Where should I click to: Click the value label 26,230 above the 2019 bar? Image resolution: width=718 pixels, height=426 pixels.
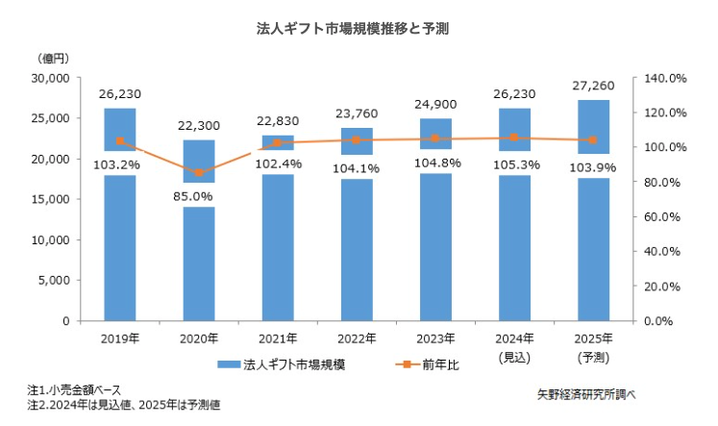[x=120, y=94]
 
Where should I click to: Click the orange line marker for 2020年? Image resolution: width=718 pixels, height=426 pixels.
[x=199, y=173]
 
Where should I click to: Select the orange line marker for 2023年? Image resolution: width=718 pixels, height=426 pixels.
[x=435, y=138]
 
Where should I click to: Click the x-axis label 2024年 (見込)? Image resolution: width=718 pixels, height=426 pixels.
[x=514, y=346]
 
